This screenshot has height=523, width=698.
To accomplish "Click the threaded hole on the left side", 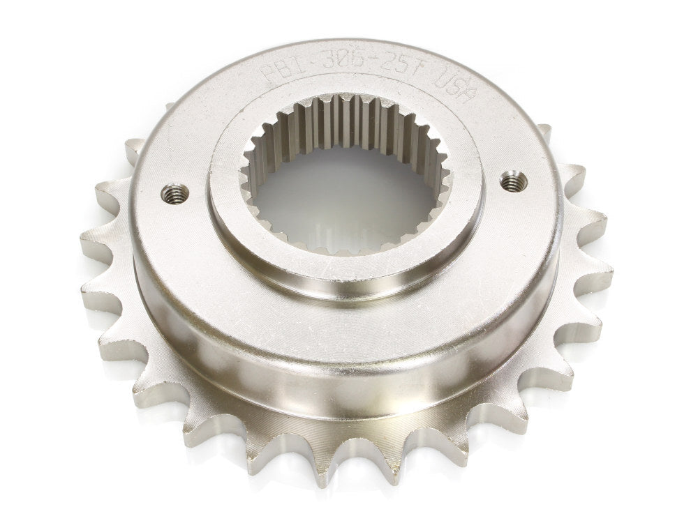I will tap(174, 193).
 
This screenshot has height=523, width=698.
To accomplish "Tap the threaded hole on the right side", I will tap(514, 181).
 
